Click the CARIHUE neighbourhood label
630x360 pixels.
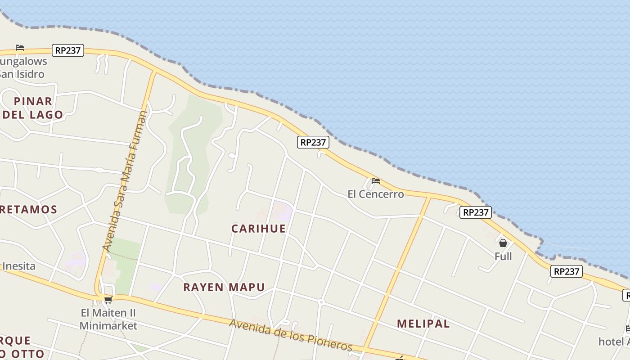[x=258, y=229]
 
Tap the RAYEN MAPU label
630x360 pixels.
[x=224, y=287]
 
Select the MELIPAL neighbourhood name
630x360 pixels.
[x=423, y=324]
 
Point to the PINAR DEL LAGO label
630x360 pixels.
[x=33, y=108]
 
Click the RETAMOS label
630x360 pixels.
[x=28, y=209]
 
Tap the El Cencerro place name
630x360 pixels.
[x=375, y=194]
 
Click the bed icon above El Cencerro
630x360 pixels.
[x=376, y=181]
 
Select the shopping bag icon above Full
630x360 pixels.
[x=503, y=243]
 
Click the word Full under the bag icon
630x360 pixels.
[x=503, y=256]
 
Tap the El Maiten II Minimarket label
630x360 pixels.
[x=108, y=319]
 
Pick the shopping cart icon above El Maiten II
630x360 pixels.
[x=108, y=300]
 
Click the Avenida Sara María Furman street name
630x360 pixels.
[x=125, y=180]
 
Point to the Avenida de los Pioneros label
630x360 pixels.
[x=291, y=335]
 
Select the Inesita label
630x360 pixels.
[x=19, y=266]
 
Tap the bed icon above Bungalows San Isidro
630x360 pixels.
[x=20, y=47]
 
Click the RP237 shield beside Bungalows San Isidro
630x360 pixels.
[x=68, y=50]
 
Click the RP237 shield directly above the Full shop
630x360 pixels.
[x=475, y=212]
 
